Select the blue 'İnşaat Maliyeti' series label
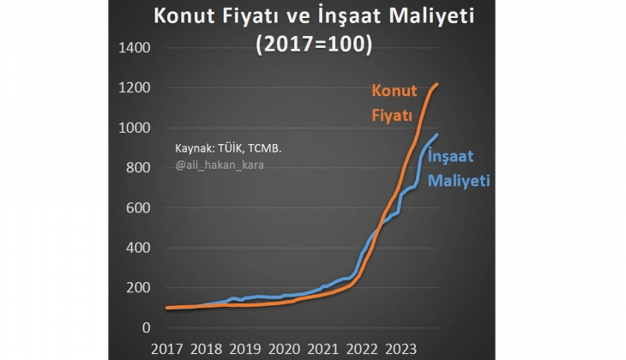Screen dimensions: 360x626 click(458, 169)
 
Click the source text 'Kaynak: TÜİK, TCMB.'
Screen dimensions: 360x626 click(228, 147)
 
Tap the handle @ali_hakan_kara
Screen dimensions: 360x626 click(220, 164)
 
